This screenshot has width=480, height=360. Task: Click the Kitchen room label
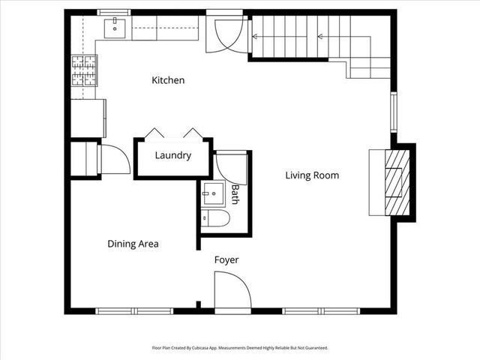[168, 80]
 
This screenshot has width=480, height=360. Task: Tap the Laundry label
[172, 156]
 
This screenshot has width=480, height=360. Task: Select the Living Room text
[312, 175]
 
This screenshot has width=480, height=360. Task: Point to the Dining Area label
[133, 244]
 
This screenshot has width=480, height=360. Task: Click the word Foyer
[226, 260]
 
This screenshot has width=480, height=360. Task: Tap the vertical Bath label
[235, 194]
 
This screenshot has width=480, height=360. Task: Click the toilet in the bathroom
[216, 218]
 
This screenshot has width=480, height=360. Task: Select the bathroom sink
[214, 193]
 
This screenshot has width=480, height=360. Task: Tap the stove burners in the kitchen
[84, 71]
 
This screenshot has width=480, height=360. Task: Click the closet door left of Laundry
[112, 159]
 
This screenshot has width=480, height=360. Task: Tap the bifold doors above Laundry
[173, 133]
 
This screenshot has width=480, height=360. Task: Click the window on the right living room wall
[392, 113]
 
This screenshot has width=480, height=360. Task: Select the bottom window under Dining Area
[134, 310]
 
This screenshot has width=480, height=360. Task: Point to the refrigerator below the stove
[88, 118]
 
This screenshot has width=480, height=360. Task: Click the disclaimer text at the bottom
[240, 348]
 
